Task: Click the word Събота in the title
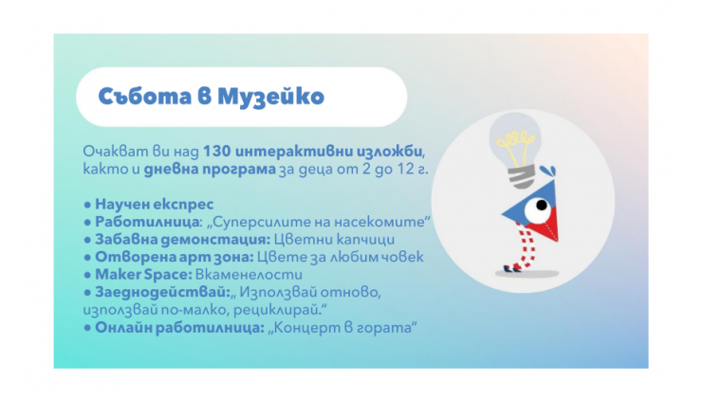click(145, 96)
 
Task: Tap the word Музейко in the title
click(270, 97)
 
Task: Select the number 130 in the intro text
click(216, 152)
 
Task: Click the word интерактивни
click(294, 152)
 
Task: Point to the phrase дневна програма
click(210, 170)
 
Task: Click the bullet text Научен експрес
click(154, 205)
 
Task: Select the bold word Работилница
click(148, 222)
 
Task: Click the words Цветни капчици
click(334, 240)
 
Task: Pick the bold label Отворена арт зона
click(175, 257)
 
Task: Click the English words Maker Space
click(143, 275)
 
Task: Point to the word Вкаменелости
click(249, 275)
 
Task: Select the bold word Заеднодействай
click(162, 293)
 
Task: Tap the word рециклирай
click(278, 310)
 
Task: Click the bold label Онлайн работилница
click(179, 328)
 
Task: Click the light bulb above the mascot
click(516, 149)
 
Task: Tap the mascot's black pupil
click(542, 206)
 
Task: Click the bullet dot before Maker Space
click(87, 275)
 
